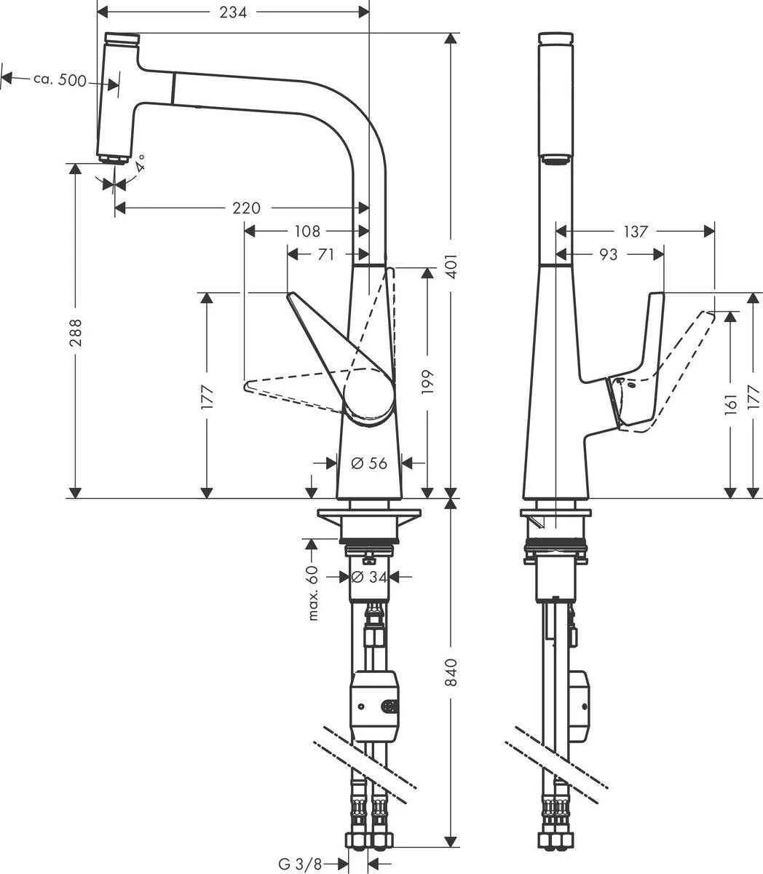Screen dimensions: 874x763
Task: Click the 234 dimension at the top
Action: coord(233,12)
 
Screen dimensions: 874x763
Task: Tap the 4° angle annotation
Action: coord(139,161)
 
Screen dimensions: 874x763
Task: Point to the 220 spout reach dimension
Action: coord(246,208)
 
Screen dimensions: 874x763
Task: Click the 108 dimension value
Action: coord(307,232)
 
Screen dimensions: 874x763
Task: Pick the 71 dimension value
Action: coord(325,254)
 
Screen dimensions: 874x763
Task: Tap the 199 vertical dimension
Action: coord(427,383)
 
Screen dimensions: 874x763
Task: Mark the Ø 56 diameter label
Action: coord(368,462)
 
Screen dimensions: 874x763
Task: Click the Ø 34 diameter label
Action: coord(368,577)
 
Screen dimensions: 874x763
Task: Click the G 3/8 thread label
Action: coord(300,864)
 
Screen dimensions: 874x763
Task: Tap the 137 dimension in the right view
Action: coord(635,232)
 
